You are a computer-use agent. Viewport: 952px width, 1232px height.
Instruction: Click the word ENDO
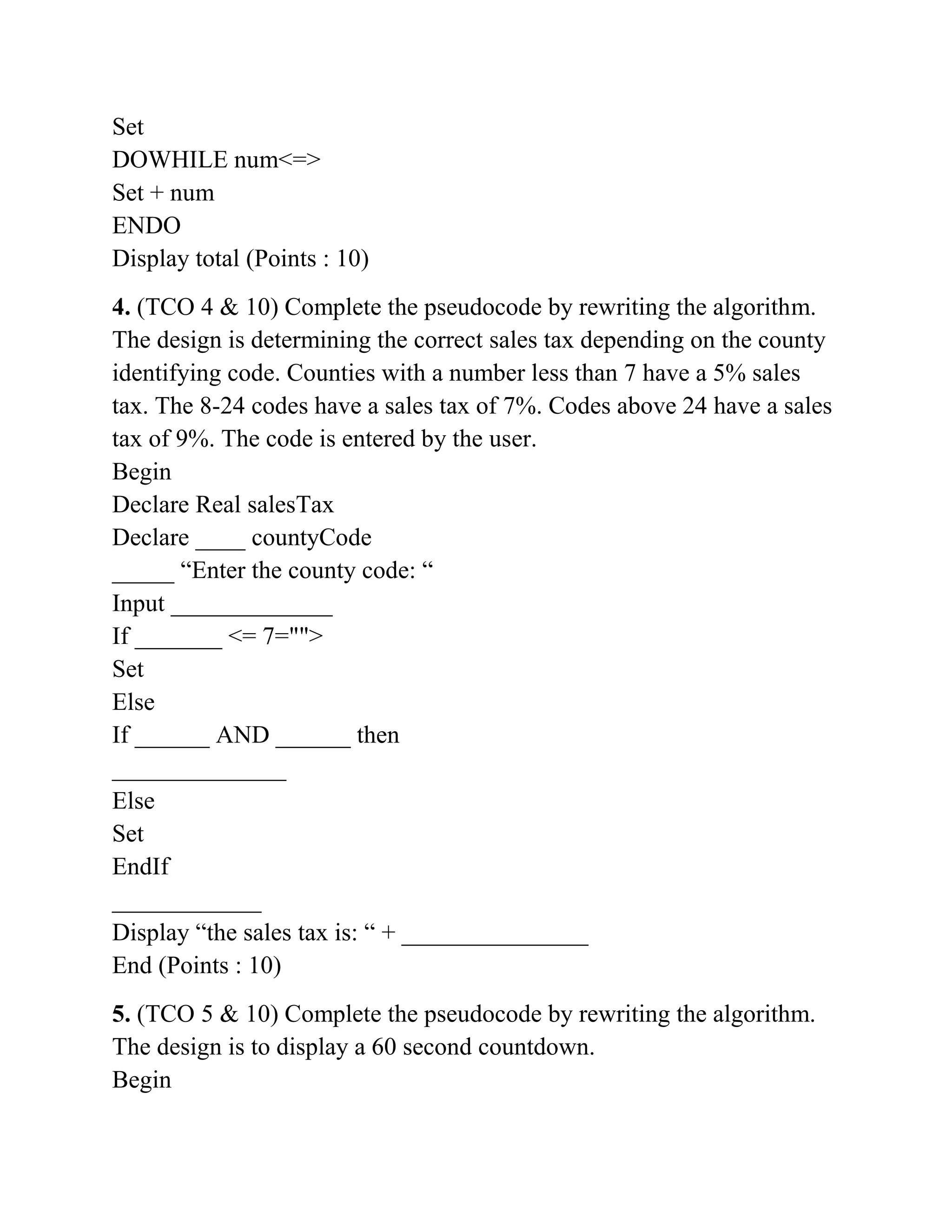pos(146,225)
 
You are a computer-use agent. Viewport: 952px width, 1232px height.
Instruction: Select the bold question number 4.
pos(121,307)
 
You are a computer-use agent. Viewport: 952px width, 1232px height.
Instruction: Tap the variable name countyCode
pos(311,537)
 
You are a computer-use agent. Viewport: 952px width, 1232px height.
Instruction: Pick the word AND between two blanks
pos(243,735)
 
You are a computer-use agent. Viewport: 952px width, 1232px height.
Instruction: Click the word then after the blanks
pos(378,735)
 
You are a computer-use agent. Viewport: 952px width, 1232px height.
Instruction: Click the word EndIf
pos(140,867)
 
